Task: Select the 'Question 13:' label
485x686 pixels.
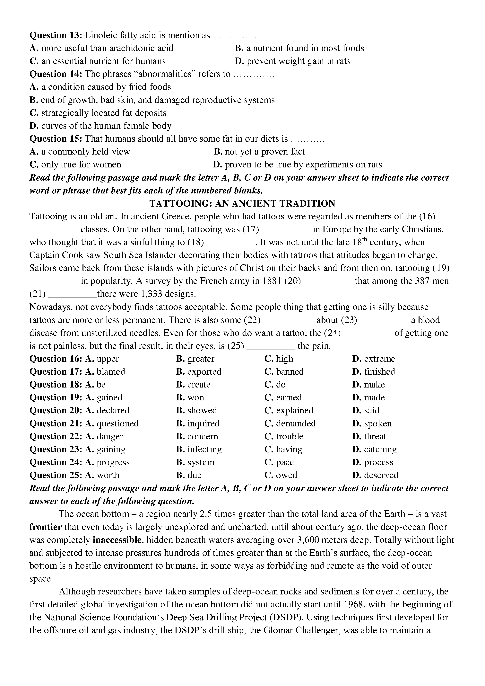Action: click(56, 35)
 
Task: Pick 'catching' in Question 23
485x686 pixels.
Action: click(380, 449)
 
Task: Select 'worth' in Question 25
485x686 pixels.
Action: click(108, 475)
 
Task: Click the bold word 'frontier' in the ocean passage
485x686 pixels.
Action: click(45, 527)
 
